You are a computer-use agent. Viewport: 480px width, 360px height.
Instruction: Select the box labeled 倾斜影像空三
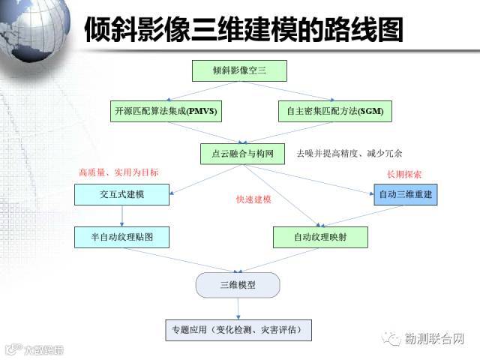239,71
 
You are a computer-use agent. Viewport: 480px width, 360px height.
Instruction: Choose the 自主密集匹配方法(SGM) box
334,112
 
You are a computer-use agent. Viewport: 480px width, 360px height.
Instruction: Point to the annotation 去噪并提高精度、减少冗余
349,153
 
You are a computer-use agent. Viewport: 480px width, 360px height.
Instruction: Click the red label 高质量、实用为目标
118,172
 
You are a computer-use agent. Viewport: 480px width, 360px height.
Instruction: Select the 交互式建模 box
121,195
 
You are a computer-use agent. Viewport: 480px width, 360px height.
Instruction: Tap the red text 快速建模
253,199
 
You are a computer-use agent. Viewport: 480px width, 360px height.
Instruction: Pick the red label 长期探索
404,174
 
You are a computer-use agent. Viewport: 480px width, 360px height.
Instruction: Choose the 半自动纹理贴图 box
121,237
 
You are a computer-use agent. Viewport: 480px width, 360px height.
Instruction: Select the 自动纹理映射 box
320,237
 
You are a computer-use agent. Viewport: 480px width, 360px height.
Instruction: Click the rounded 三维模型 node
238,285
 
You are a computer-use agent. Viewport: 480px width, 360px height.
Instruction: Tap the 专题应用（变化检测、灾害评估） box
238,329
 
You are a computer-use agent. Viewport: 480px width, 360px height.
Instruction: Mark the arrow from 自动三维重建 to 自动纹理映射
360,215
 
